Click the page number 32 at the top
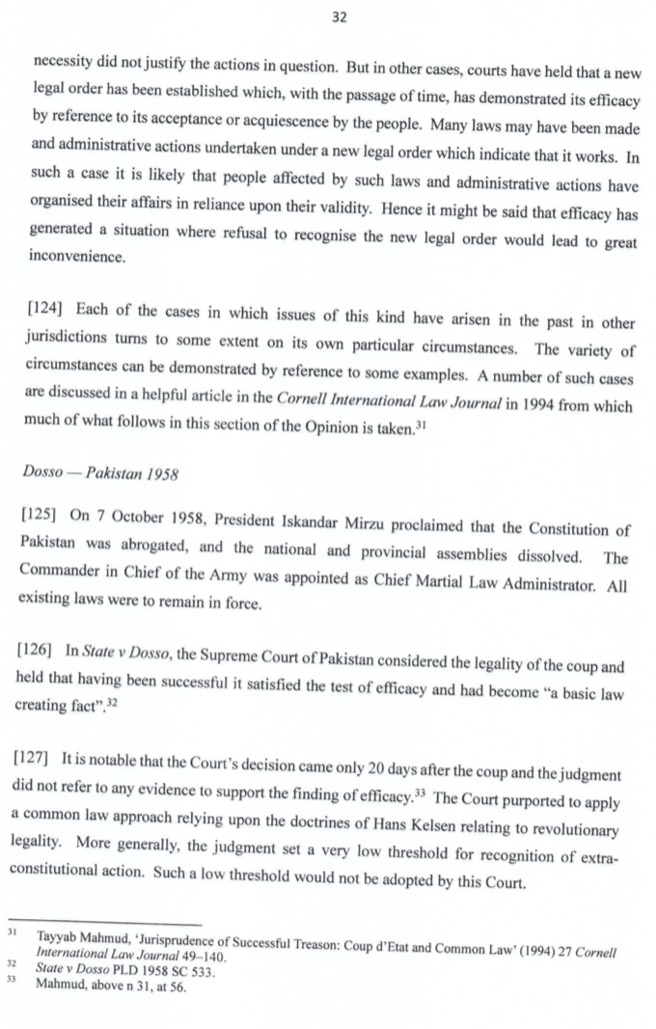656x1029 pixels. [x=338, y=18]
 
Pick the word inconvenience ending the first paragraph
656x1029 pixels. [x=78, y=258]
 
